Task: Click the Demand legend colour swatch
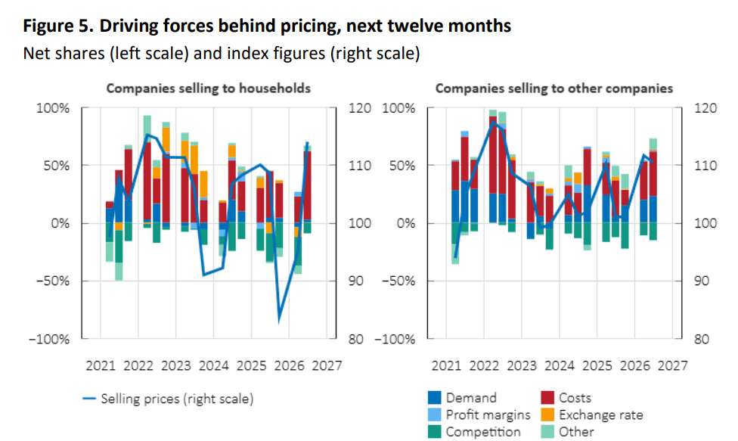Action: tap(435, 398)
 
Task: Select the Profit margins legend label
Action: tap(488, 415)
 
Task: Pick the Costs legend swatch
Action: tap(547, 398)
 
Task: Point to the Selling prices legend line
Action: tap(89, 399)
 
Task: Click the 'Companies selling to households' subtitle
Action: tap(209, 89)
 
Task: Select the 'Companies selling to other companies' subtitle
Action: tap(554, 89)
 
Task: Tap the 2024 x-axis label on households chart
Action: tap(214, 365)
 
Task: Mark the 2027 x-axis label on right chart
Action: tap(672, 365)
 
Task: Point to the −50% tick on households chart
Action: tap(51, 281)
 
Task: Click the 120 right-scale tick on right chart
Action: tap(705, 108)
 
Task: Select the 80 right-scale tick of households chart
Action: tap(356, 339)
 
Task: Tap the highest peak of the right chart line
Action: tap(493, 122)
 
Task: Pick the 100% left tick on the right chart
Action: tap(398, 108)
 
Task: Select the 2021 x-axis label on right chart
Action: tap(447, 365)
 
